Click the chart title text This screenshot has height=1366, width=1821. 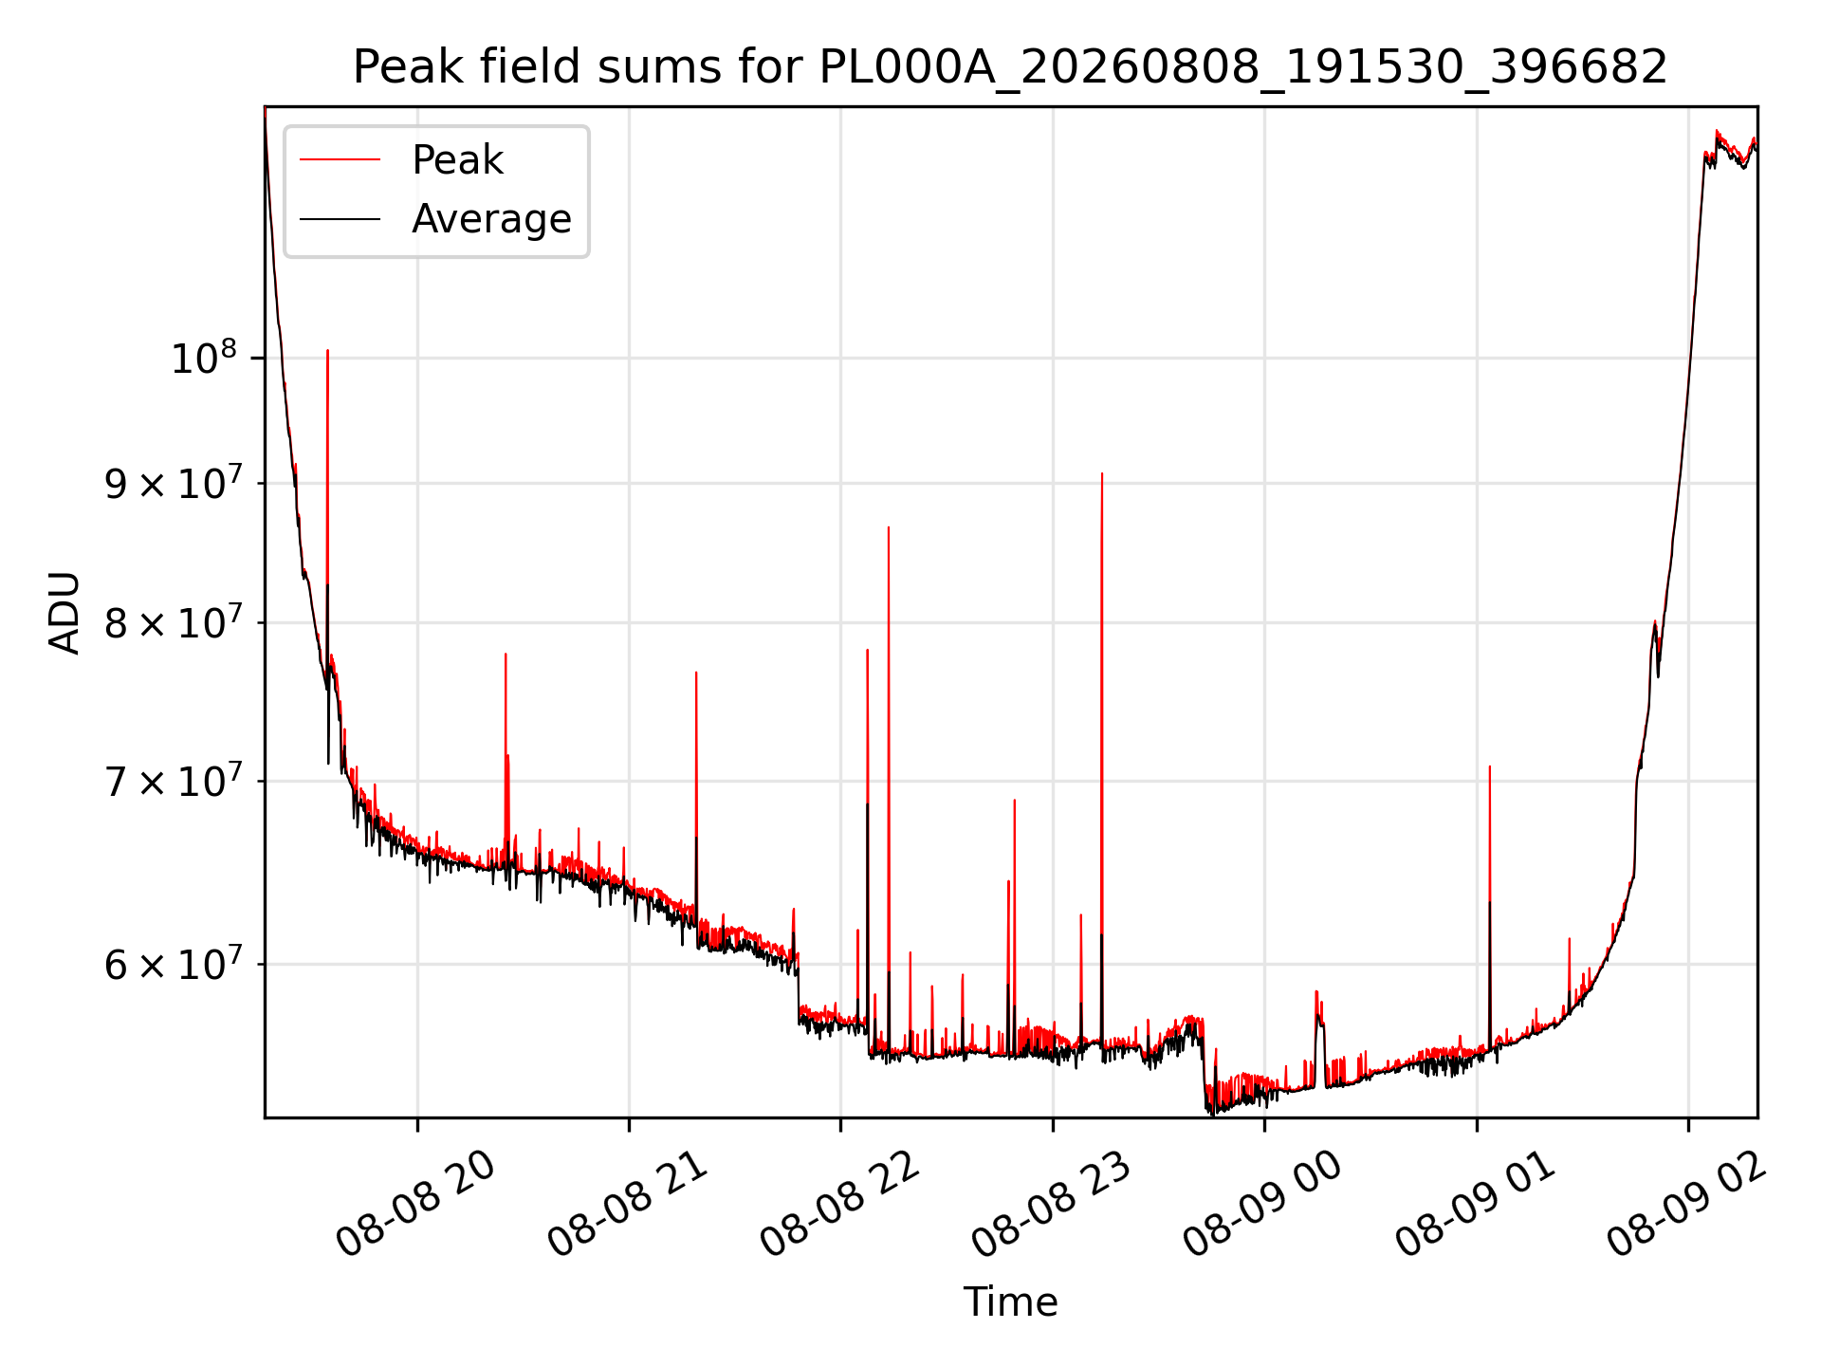tap(1010, 67)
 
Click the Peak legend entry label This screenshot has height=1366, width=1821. tap(457, 160)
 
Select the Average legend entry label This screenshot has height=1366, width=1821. tap(491, 219)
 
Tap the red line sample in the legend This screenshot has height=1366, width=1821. tap(340, 160)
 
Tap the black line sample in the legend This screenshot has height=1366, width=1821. tap(340, 219)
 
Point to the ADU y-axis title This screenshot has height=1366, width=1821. tap(64, 612)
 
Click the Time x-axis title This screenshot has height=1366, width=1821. tap(1010, 1301)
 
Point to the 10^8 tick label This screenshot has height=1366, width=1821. tap(203, 358)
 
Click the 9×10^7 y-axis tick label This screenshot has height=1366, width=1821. tap(173, 483)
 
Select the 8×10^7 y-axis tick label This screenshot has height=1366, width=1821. tap(173, 622)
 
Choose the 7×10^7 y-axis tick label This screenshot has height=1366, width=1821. tap(173, 781)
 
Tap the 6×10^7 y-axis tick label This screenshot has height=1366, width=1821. tap(173, 964)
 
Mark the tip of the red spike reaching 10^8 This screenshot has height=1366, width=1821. tap(327, 350)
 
